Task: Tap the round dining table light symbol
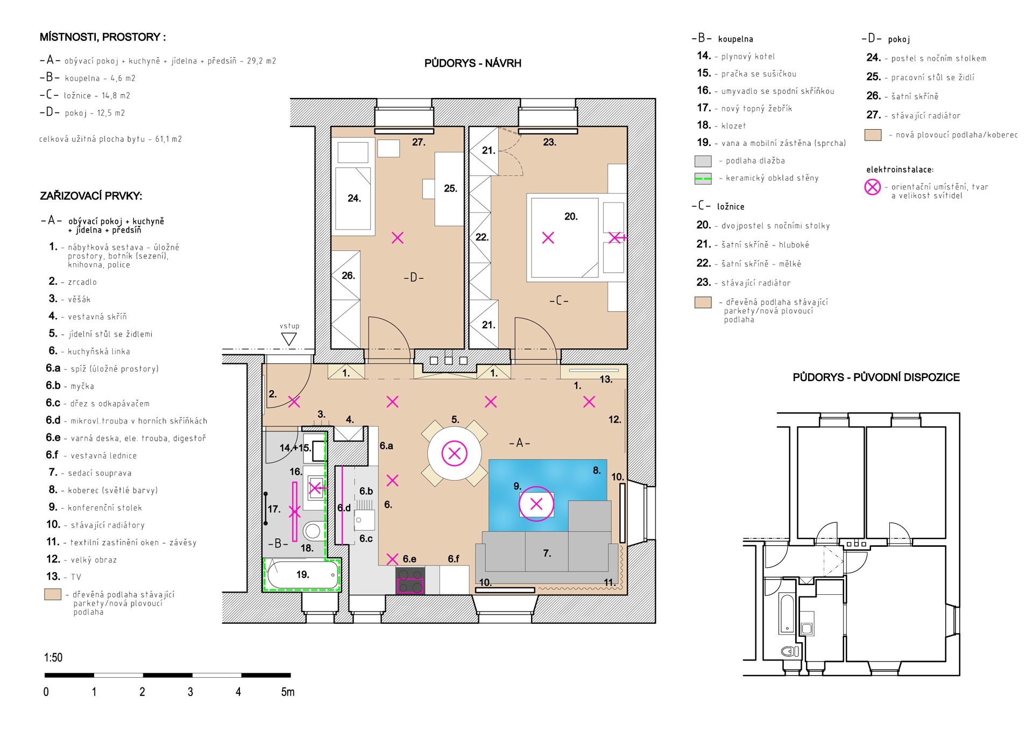(455, 453)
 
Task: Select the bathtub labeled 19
(302, 575)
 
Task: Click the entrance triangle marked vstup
(289, 339)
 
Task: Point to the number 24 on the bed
(354, 198)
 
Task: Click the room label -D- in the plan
(414, 278)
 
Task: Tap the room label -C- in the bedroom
(559, 300)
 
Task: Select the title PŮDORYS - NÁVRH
(472, 63)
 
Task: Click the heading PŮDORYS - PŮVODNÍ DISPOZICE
(876, 377)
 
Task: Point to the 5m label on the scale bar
(288, 692)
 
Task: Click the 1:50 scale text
(53, 657)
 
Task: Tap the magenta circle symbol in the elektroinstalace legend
(872, 187)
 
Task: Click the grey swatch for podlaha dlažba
(703, 161)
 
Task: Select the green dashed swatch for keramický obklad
(703, 178)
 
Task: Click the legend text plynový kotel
(748, 57)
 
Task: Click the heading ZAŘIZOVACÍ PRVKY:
(91, 196)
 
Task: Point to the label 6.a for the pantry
(386, 446)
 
